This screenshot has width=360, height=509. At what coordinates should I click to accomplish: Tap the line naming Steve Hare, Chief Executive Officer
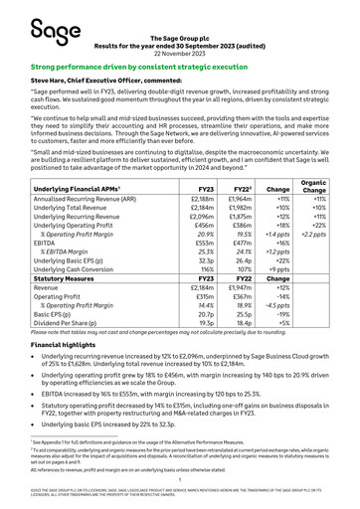click(109, 83)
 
